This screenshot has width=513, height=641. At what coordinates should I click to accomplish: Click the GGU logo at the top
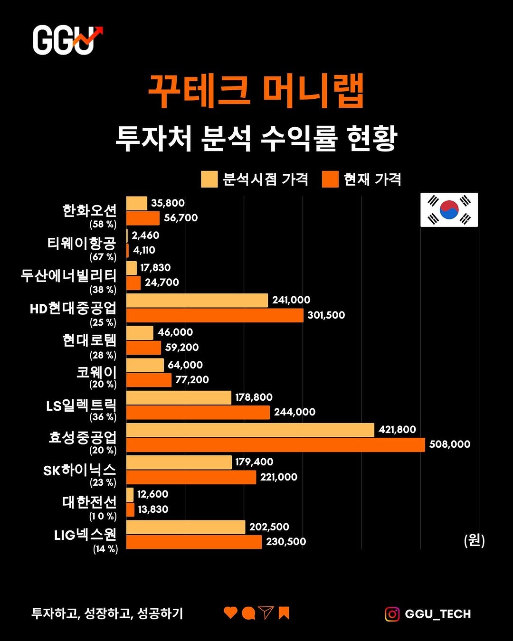tap(67, 40)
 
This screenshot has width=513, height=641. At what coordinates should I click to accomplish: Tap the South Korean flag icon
tap(449, 210)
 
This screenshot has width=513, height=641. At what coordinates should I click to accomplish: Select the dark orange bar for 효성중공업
tap(275, 445)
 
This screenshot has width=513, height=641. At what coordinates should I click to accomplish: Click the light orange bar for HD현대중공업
tap(197, 301)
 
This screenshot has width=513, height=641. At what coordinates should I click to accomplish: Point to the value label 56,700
tap(180, 218)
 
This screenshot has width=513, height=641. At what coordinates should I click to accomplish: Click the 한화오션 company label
tap(89, 210)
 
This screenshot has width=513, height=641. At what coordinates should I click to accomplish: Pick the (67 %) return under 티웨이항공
tap(103, 257)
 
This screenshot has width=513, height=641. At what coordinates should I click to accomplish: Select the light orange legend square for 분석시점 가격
tap(209, 179)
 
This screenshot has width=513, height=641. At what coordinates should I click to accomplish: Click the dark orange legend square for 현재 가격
tap(330, 179)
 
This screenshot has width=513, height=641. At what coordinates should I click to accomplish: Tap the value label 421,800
tap(397, 430)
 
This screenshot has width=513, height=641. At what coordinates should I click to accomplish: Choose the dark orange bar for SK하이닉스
tap(191, 477)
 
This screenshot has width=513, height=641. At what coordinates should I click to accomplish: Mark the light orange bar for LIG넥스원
tap(186, 527)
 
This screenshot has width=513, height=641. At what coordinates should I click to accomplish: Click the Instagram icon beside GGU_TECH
tap(392, 614)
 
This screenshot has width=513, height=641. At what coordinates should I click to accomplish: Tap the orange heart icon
tap(230, 613)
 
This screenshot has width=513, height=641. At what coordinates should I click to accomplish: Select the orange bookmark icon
tap(284, 613)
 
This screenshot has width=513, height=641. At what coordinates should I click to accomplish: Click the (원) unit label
tap(474, 540)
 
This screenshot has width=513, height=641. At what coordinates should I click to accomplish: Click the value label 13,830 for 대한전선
tap(153, 509)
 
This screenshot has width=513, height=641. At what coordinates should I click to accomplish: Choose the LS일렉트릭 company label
tap(81, 405)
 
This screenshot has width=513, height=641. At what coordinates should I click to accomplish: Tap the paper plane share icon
tap(266, 613)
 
